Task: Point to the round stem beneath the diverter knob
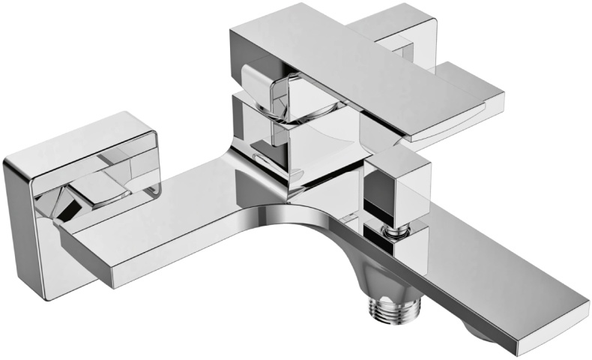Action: point(390,229)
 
